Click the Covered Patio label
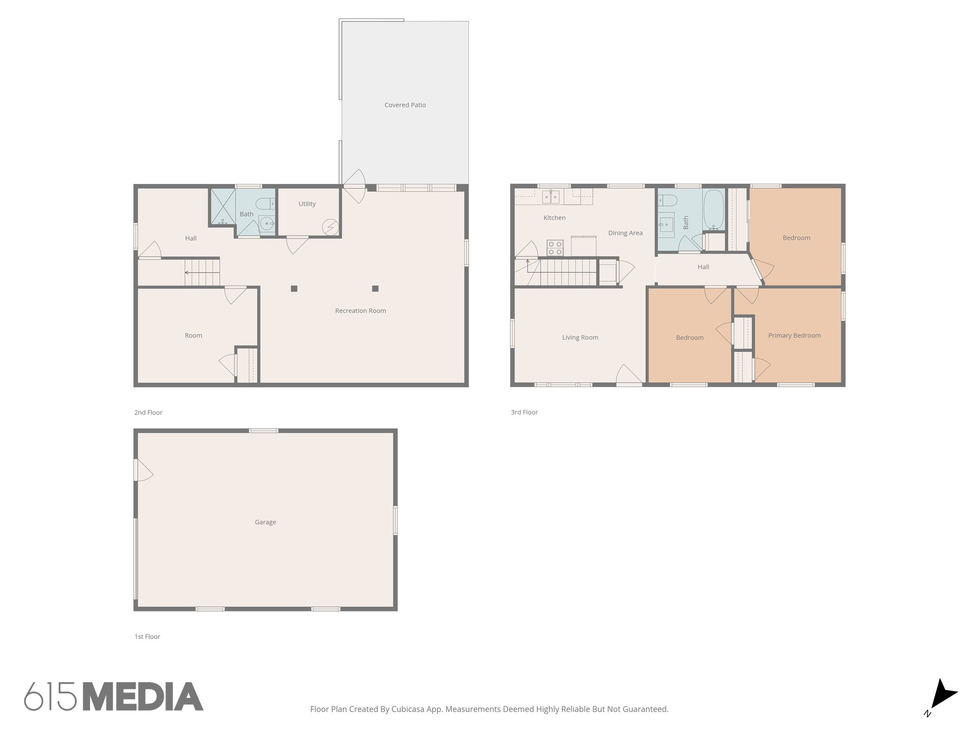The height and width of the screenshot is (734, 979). click(405, 105)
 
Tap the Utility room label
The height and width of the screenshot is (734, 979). click(307, 204)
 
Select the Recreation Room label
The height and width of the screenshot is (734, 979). click(360, 311)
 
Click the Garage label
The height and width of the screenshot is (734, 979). click(265, 522)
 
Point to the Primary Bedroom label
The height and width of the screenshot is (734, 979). click(794, 335)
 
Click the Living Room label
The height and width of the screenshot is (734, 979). click(580, 338)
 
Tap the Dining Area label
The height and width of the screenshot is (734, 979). click(625, 233)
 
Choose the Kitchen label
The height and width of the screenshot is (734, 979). click(555, 218)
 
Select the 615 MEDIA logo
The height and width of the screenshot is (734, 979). click(114, 697)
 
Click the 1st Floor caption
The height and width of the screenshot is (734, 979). click(147, 637)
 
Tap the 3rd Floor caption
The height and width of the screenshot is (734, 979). click(524, 412)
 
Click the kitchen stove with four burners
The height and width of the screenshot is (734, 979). click(555, 248)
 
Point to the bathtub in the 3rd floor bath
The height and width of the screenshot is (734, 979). click(714, 210)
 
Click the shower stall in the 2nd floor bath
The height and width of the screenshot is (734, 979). click(223, 207)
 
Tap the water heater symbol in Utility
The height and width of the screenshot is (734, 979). click(330, 227)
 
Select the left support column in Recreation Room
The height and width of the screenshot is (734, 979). click(294, 289)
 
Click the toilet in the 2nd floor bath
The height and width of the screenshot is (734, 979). click(265, 204)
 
